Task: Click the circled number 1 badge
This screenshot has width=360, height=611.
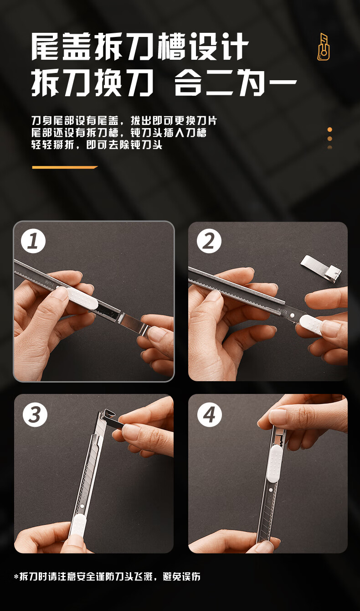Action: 33,241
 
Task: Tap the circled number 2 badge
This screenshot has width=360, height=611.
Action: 209,241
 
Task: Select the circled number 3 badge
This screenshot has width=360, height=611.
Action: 35,415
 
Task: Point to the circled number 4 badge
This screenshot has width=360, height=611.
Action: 210,415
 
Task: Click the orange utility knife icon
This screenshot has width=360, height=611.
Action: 324,47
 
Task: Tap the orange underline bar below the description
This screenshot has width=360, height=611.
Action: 65,167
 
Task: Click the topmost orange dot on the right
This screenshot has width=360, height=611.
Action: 330,129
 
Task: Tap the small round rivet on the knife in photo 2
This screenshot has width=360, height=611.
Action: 292,316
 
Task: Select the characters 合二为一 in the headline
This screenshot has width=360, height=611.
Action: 236,82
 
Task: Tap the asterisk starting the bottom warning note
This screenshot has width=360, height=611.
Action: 16,577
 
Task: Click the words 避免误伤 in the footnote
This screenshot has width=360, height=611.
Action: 181,577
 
